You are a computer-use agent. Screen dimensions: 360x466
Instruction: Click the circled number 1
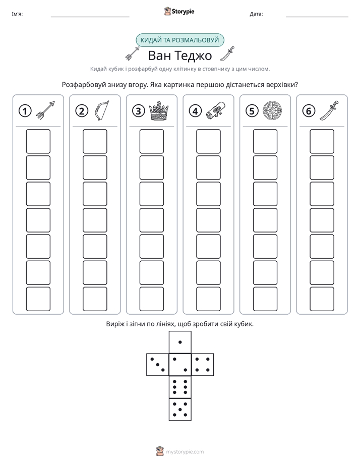[x=25, y=111]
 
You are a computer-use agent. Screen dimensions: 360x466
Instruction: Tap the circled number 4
[x=195, y=111]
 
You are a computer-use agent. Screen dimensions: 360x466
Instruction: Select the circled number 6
[x=309, y=111]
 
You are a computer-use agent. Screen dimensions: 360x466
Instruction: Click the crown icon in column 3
[x=159, y=110]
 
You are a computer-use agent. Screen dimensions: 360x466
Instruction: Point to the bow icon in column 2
[x=101, y=110]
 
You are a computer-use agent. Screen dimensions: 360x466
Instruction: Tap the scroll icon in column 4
[x=216, y=110]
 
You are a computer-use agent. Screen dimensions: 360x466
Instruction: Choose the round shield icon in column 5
[x=272, y=110]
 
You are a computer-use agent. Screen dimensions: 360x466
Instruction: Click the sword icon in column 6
[x=329, y=110]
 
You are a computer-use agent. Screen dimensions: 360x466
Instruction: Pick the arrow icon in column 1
[x=45, y=110]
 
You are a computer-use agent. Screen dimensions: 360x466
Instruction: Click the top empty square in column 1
[x=38, y=141]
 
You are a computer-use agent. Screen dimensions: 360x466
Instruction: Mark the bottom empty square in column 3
[x=151, y=299]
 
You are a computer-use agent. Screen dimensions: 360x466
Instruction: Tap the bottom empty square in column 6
[x=322, y=299]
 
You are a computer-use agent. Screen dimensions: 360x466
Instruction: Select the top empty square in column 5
[x=265, y=141]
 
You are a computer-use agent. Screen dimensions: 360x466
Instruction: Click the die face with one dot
[x=180, y=342]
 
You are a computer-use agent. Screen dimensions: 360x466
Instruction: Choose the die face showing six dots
[x=180, y=387]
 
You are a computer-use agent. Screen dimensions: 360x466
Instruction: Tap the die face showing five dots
[x=180, y=410]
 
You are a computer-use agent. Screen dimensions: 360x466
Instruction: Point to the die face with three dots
[x=158, y=365]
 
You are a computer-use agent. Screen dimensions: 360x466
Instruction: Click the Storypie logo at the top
[x=179, y=11]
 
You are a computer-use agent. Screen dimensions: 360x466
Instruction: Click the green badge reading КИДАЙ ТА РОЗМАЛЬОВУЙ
[x=179, y=40]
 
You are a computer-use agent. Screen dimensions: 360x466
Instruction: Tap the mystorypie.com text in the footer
[x=185, y=452]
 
